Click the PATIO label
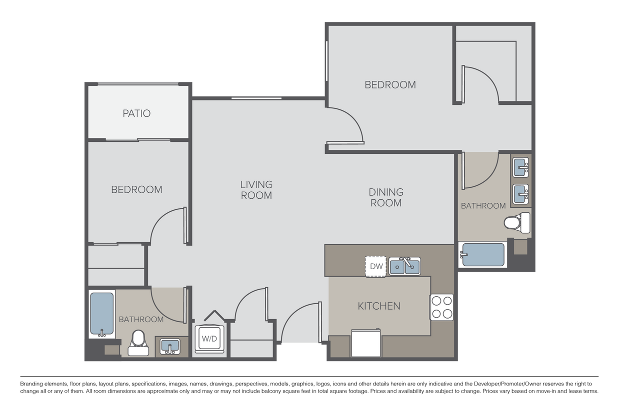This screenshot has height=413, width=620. [136, 113]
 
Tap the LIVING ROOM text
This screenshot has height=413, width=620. [256, 190]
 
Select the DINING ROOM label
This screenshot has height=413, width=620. [385, 197]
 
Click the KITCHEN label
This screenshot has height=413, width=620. [378, 306]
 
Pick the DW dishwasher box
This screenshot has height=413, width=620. [376, 267]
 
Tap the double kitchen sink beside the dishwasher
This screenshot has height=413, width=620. [404, 266]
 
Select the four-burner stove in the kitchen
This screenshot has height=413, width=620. [441, 307]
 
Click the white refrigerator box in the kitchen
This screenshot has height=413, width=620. [366, 343]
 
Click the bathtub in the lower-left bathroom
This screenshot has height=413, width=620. [101, 314]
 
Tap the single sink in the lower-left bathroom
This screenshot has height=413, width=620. [170, 346]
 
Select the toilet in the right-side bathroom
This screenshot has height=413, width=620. [516, 222]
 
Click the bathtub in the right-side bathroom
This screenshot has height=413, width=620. [483, 255]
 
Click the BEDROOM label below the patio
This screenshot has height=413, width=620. [136, 190]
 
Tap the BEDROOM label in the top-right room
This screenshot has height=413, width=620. [390, 85]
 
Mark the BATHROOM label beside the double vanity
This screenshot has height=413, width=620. [483, 206]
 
